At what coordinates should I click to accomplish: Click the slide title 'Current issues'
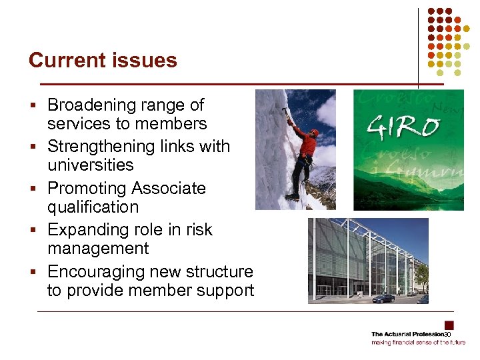click(x=103, y=60)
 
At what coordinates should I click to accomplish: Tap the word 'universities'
click(x=90, y=165)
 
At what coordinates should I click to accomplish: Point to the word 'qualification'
click(x=93, y=207)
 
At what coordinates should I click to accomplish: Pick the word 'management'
click(x=97, y=249)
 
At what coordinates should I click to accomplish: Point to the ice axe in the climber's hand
click(x=285, y=113)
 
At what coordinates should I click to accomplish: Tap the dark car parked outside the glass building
click(x=383, y=299)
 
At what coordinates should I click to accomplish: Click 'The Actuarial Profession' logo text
click(x=407, y=333)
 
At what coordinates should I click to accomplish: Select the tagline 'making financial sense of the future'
click(x=419, y=342)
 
